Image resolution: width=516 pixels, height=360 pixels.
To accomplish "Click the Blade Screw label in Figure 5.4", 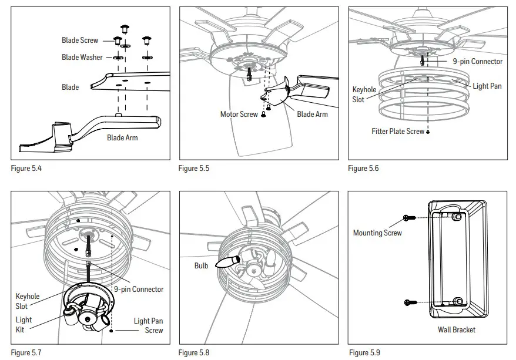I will pos(80,41).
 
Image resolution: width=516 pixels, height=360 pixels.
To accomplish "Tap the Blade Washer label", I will pos(82,58).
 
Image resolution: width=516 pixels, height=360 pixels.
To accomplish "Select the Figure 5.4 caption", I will pos(26,169).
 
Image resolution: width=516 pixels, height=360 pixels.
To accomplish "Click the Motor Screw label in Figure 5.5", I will pos(239,114).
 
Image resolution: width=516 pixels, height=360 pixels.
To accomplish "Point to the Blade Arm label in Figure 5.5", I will pos(312,114).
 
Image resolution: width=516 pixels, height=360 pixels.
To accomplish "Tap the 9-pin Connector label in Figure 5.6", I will pos(477,61).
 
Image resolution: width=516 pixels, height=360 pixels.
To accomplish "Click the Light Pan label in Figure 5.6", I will pos(487,86).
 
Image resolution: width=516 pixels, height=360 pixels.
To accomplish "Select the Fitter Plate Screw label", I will pos(397,132).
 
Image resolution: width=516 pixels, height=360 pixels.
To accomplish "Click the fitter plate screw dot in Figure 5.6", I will pos(428,132).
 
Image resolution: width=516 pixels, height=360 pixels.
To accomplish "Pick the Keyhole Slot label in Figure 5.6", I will pos(364,95).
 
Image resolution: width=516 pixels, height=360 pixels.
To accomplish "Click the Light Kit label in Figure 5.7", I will pos(24,325).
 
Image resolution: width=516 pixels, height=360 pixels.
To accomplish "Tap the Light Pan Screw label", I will pos(148,325).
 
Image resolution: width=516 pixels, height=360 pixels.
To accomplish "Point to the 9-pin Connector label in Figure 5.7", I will pos(139,289).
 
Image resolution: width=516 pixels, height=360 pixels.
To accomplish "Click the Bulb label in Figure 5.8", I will pos(202,265).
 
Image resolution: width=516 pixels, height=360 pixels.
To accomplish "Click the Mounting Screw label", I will pos(377,233).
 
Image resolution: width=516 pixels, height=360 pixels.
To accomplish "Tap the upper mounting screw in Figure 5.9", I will pos(410,218).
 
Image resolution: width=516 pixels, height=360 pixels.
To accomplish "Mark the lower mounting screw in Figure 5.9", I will pos(410,302).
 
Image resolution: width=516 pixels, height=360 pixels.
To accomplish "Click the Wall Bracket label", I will pos(456,329).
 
